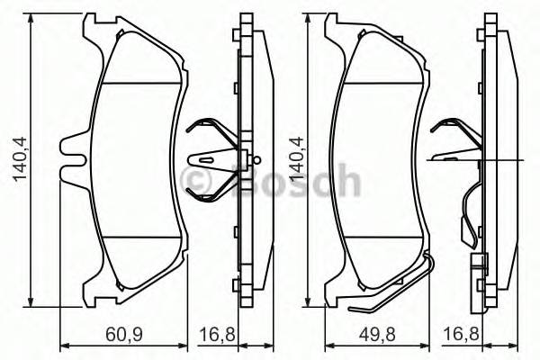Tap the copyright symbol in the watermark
click(197, 181)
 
